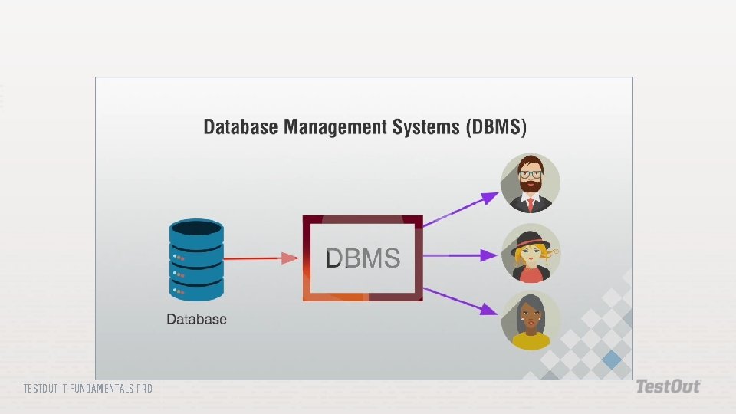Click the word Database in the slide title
241,127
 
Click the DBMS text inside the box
363,258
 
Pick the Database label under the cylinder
197,319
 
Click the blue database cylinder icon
196,261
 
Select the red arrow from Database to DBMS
261,258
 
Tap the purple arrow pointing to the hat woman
459,254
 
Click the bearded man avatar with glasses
531,183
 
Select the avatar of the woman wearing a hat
531,252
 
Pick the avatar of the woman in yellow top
531,320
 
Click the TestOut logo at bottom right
667,387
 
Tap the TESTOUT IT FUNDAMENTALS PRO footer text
88,389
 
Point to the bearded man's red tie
530,204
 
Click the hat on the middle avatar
529,238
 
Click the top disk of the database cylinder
196,229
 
